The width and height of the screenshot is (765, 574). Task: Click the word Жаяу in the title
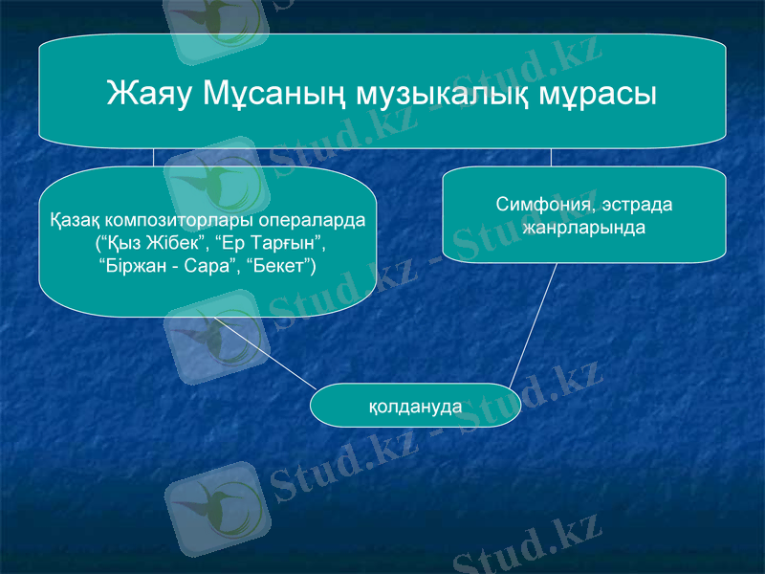148,94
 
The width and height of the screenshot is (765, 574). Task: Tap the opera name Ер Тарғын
272,242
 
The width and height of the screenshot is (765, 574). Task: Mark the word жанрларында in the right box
584,229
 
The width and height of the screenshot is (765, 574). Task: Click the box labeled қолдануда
415,406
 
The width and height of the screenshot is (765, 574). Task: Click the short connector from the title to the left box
153,158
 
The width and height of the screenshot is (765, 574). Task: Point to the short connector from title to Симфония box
551,158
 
